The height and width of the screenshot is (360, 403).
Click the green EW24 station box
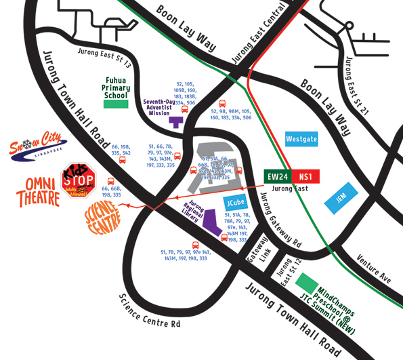278,176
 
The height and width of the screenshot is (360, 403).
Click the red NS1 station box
306,176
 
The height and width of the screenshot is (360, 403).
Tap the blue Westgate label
301,139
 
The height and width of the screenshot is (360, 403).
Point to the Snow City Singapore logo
39,144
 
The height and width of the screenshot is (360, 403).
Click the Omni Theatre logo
43,191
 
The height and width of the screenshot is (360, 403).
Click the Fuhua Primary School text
116,88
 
